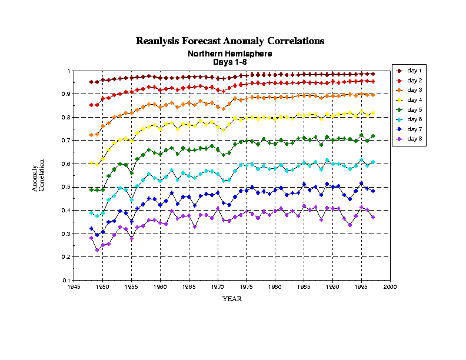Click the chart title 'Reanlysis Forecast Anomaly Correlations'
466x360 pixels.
tap(230, 41)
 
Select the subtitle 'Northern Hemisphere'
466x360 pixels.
tap(230, 54)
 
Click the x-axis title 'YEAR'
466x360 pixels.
tap(231, 299)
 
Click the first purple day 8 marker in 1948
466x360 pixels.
tap(91, 238)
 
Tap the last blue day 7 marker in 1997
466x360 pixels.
tap(373, 191)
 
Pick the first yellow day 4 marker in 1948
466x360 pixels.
tap(91, 163)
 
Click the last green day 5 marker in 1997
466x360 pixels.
tap(373, 136)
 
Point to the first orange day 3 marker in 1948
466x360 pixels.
tap(91, 135)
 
